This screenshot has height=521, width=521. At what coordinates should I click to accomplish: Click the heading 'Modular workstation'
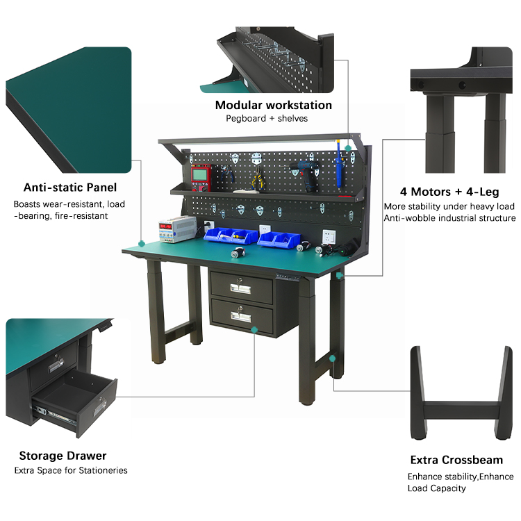coord(273,105)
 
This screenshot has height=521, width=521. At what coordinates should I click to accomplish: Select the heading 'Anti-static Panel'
coord(70,188)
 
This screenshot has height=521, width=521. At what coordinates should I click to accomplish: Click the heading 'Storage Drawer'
coord(63,456)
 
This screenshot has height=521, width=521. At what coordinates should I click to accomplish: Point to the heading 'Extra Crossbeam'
coord(456,460)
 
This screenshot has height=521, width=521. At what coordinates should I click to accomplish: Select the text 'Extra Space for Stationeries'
coord(71,470)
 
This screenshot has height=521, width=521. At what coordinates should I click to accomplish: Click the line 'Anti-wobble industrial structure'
coord(449,218)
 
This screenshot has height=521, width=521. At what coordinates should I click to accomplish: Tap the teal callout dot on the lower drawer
coord(254,331)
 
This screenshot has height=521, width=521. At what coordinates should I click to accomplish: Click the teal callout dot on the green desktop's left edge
coord(141,245)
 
